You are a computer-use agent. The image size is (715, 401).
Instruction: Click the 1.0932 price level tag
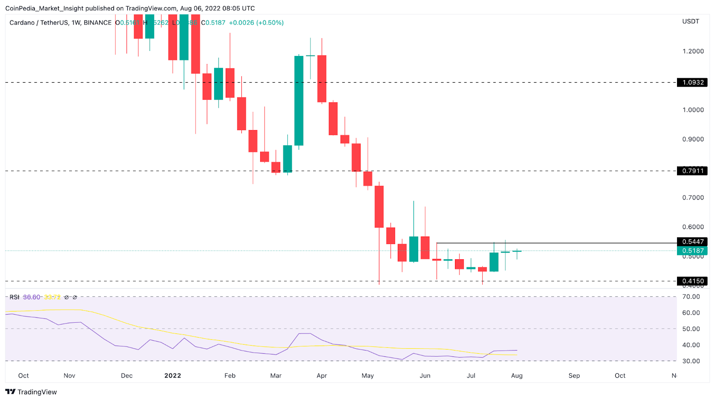692,83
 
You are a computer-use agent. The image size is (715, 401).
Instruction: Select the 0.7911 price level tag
692,171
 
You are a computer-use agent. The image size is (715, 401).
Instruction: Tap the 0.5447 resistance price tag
692,242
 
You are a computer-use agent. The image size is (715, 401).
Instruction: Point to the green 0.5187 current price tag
692,251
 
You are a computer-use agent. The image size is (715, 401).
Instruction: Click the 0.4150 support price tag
692,281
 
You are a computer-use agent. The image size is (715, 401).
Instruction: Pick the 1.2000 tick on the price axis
693,51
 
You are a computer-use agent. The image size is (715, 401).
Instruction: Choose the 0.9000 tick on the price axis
693,139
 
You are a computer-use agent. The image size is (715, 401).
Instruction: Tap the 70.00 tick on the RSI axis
691,297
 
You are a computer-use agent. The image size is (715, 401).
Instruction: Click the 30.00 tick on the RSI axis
691,361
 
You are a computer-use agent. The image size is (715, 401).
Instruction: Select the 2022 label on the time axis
172,376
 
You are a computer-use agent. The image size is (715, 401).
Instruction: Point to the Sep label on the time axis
574,376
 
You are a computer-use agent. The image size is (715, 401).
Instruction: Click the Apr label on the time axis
322,376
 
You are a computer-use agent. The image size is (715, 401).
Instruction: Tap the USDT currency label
690,21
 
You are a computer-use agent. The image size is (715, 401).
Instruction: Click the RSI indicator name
14,297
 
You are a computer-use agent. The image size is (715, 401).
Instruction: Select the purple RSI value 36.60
31,297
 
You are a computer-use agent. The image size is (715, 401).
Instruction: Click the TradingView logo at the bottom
31,392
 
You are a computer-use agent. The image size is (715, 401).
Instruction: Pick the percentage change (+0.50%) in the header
270,23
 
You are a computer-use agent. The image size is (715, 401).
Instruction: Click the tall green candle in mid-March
299,101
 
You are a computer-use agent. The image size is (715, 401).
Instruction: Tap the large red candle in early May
379,207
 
